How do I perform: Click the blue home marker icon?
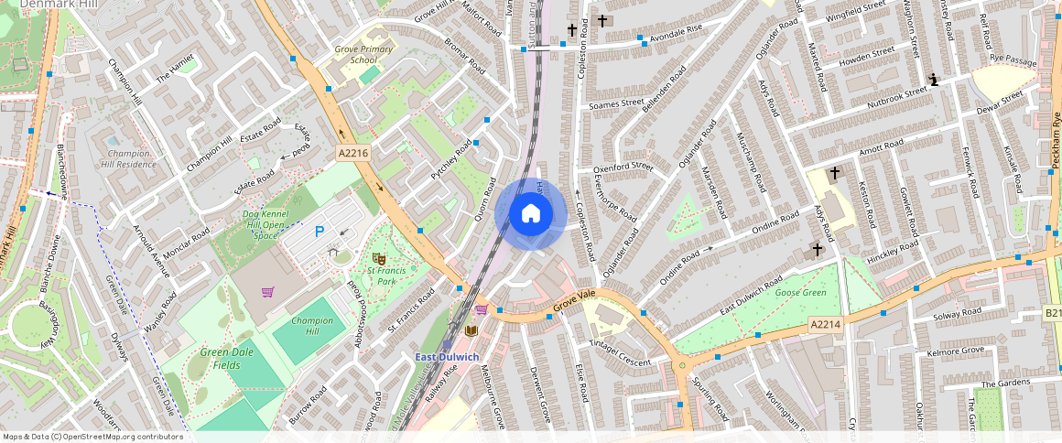530,214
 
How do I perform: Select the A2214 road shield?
825,324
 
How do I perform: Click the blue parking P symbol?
320,232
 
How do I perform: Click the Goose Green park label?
800,293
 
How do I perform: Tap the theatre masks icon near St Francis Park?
378,260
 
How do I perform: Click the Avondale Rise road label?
676,33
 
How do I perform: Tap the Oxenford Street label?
623,167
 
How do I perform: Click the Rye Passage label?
1013,60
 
